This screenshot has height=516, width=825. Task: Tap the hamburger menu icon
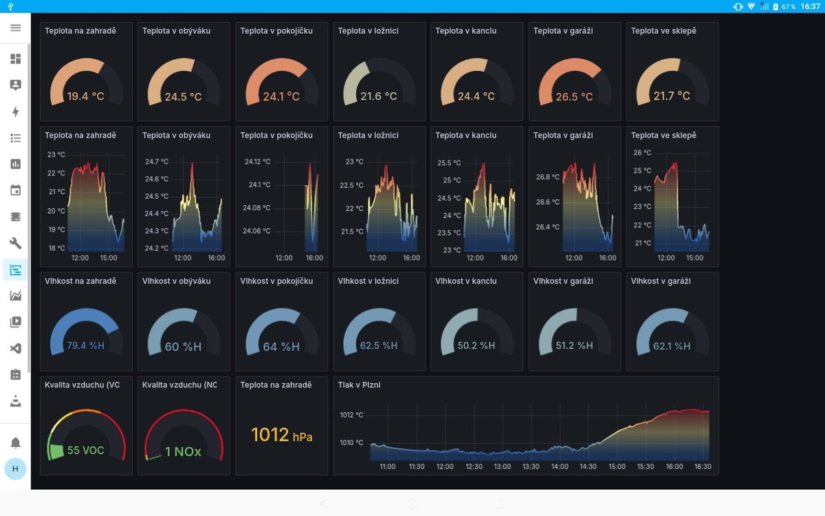pos(15,28)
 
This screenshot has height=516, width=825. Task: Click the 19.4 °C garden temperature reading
pos(85,96)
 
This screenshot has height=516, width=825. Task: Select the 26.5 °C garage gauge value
pos(574,96)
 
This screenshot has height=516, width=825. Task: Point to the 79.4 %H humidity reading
pos(85,345)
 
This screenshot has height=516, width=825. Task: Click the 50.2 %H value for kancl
pos(476,345)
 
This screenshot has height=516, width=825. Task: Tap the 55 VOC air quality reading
pos(85,450)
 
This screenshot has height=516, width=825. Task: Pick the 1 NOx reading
pos(183,451)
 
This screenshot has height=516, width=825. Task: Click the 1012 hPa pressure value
pos(282,435)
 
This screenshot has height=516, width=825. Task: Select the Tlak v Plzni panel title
pos(359,385)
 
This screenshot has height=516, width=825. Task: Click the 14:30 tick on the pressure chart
pos(588,466)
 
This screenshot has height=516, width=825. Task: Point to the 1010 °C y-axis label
pos(351,442)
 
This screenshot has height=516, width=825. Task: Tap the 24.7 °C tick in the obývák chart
pos(157,162)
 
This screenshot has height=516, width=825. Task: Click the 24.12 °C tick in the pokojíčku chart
pos(257,162)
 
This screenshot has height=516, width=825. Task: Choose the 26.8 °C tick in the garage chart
pos(548,177)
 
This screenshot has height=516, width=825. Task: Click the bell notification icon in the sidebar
pos(15,442)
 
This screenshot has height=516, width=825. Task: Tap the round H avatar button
pos(15,469)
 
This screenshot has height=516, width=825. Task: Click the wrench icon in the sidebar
pos(15,244)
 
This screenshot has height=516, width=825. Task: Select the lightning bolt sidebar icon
pos(15,111)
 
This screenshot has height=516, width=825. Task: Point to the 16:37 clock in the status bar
pos(811,6)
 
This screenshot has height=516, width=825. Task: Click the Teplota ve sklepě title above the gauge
pos(663,31)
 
